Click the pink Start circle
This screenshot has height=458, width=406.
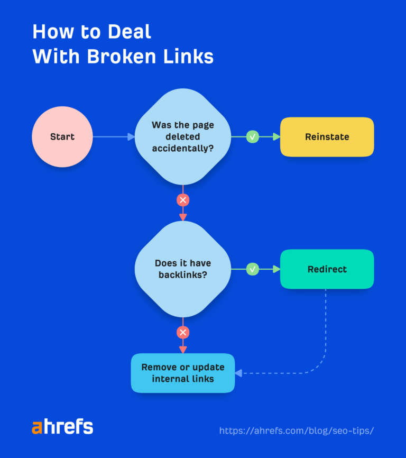click(62, 137)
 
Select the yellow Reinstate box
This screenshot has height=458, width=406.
click(327, 137)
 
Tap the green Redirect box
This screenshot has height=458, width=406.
click(327, 269)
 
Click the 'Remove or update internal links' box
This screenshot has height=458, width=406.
click(183, 373)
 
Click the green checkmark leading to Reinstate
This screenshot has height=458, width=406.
click(253, 137)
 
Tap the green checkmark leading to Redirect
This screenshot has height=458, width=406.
click(253, 269)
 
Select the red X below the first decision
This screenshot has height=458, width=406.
click(183, 200)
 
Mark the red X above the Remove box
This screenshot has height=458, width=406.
click(183, 332)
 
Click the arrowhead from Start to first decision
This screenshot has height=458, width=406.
click(131, 137)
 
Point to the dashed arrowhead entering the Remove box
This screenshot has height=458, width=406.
click(238, 373)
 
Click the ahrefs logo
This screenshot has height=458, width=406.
click(62, 427)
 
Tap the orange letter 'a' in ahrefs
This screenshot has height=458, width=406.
click(36, 428)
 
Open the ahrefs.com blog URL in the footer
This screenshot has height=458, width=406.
click(297, 430)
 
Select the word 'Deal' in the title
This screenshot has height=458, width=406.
click(128, 32)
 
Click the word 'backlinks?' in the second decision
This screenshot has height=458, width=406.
click(183, 274)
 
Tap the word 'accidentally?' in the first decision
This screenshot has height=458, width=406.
click(183, 148)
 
